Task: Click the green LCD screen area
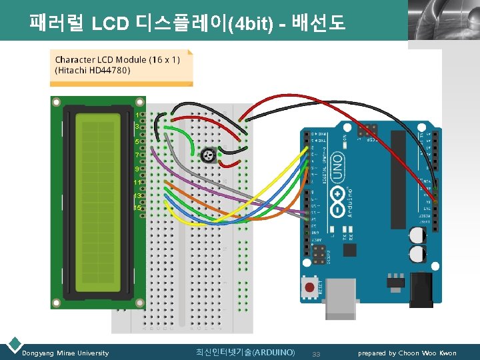[98, 204]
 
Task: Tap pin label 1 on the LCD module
[137, 114]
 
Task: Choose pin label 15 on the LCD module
[137, 208]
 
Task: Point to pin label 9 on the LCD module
[137, 169]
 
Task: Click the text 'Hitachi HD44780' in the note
[93, 69]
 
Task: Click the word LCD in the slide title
[111, 25]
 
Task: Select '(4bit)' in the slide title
[247, 25]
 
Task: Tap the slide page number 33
[317, 353]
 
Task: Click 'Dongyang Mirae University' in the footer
[65, 353]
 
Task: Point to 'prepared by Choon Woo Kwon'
[407, 353]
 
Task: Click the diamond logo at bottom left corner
[13, 344]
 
